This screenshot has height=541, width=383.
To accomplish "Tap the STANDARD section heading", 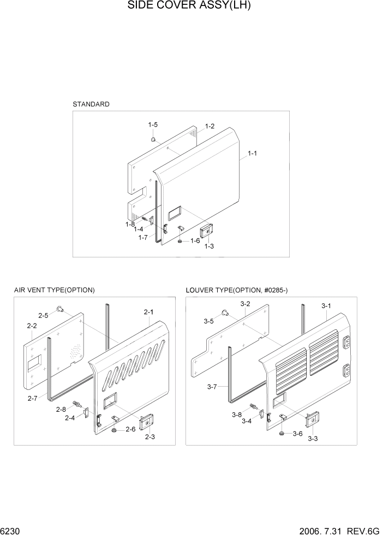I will pos(91,104).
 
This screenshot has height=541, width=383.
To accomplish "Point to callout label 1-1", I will pos(253,154).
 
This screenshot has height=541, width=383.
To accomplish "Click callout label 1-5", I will pos(153,125).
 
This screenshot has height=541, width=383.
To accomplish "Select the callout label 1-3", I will pos(208,247).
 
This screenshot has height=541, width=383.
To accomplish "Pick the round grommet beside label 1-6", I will pos(181,241).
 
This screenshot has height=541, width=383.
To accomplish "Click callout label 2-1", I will pos(148,312).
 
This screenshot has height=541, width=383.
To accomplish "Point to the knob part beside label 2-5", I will pos(59,311).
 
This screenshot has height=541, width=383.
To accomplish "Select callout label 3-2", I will pos(245,304).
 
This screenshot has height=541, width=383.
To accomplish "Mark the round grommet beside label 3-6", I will pos(281,434).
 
